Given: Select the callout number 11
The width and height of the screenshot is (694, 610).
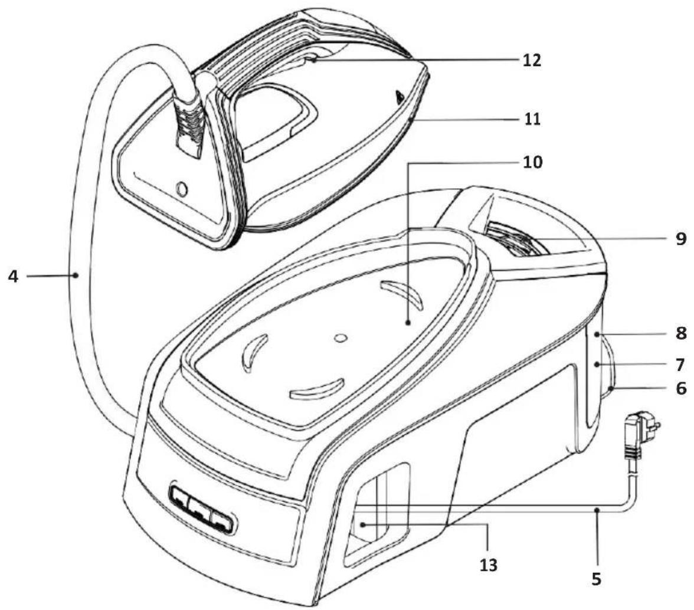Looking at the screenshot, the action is pyautogui.click(x=531, y=119).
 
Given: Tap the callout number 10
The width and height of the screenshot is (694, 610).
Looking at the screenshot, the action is pyautogui.click(x=532, y=162).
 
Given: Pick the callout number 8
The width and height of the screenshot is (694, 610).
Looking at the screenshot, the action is pyautogui.click(x=681, y=333).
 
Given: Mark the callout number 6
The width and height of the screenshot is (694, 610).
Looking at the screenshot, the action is pyautogui.click(x=681, y=388).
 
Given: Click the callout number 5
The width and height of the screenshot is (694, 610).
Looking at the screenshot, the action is pyautogui.click(x=597, y=579).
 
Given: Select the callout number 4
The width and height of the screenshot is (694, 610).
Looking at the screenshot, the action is pyautogui.click(x=13, y=277).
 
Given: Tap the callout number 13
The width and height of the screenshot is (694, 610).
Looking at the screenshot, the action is pyautogui.click(x=488, y=565).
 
